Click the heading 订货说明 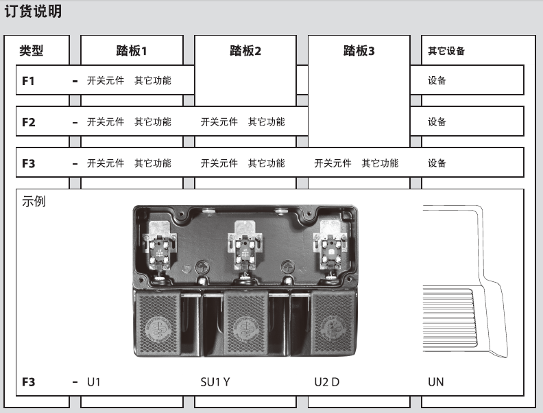tap(33, 11)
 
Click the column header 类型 tap(32, 51)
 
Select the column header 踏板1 tap(132, 51)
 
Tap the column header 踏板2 tap(245, 51)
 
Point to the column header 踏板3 tap(359, 51)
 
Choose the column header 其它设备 tap(446, 51)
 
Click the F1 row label tap(28, 81)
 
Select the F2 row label tap(29, 122)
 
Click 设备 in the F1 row tap(437, 81)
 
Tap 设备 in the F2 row tap(437, 122)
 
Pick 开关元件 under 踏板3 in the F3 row tap(333, 163)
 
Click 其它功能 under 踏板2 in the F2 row tap(267, 122)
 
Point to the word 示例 tap(34, 201)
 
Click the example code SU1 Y tap(215, 382)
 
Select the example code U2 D tap(327, 382)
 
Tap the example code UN tap(435, 382)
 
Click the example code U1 tap(93, 382)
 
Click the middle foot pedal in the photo tap(245, 323)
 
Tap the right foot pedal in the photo tap(333, 323)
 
